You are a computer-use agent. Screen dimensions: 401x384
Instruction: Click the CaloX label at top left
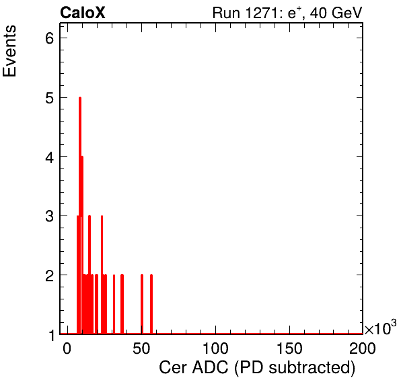coord(83,13)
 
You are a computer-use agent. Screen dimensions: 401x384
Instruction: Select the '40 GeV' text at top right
coord(336,13)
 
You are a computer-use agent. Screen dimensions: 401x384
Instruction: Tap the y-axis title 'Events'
coord(9,51)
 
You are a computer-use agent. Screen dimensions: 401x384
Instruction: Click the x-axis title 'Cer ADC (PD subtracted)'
coord(257,368)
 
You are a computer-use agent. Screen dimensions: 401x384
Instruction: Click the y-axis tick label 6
coord(50,38)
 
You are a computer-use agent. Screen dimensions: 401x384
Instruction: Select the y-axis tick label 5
coord(50,98)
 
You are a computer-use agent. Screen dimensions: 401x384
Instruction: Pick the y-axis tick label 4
coord(50,157)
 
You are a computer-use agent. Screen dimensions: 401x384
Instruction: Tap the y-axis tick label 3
coord(50,216)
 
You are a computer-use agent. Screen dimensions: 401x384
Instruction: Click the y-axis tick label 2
coord(50,275)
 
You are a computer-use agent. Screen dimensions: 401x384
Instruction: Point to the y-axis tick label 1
coord(51,335)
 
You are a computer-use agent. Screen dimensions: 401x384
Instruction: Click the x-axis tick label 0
coord(67,348)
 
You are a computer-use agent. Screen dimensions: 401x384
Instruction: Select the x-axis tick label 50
coord(141,348)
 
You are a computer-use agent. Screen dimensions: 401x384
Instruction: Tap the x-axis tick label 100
coord(215,348)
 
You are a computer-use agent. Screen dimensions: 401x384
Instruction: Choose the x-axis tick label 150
coord(289,348)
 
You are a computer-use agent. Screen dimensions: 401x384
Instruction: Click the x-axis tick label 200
coord(363,348)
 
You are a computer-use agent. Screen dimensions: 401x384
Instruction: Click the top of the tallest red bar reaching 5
coord(80,97)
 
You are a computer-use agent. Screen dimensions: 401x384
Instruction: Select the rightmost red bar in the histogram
coord(151,304)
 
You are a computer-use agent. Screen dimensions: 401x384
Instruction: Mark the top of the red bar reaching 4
coord(82,156)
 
